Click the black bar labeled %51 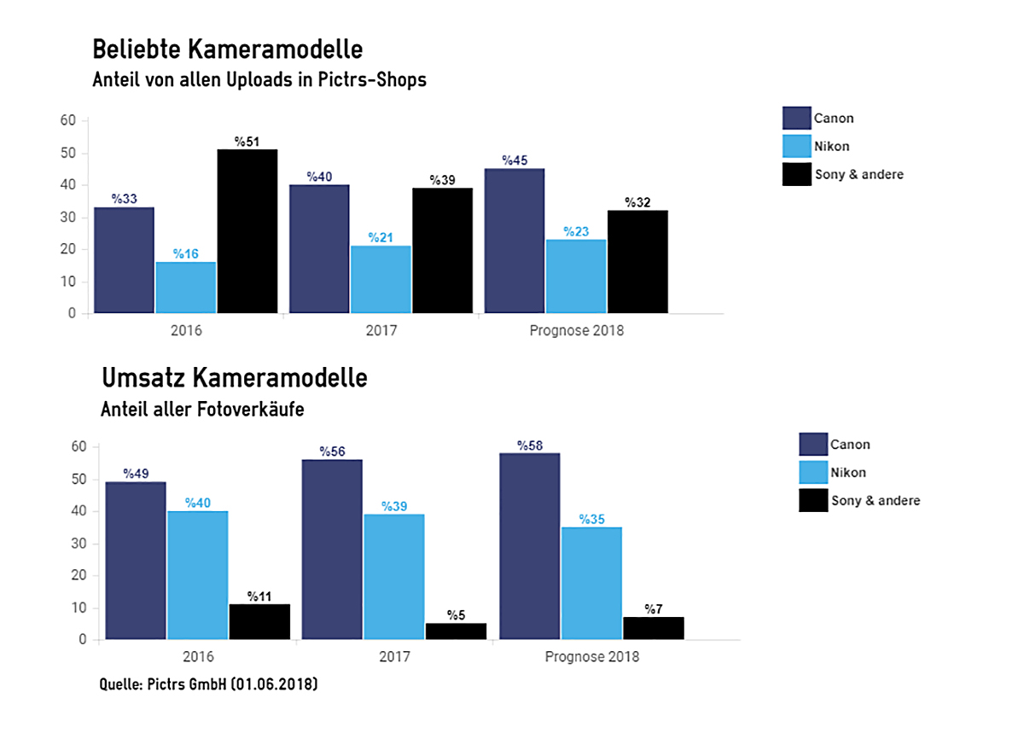pyautogui.click(x=247, y=231)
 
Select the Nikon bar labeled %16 pyautogui.click(x=185, y=288)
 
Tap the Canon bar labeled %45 pyautogui.click(x=514, y=241)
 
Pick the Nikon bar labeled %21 pyautogui.click(x=381, y=279)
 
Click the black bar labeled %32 pyautogui.click(x=637, y=261)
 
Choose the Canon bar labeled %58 pyautogui.click(x=529, y=546)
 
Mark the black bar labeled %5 pyautogui.click(x=456, y=631)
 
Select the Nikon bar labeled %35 pyautogui.click(x=591, y=584)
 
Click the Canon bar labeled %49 pyautogui.click(x=135, y=561)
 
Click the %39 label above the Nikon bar pyautogui.click(x=393, y=507)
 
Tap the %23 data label pyautogui.click(x=576, y=231)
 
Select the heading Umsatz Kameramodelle pyautogui.click(x=235, y=377)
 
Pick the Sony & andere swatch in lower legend pyautogui.click(x=812, y=501)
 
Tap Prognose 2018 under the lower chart pyautogui.click(x=591, y=658)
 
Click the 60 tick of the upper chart pyautogui.click(x=68, y=121)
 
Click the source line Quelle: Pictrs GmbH pyautogui.click(x=209, y=684)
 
